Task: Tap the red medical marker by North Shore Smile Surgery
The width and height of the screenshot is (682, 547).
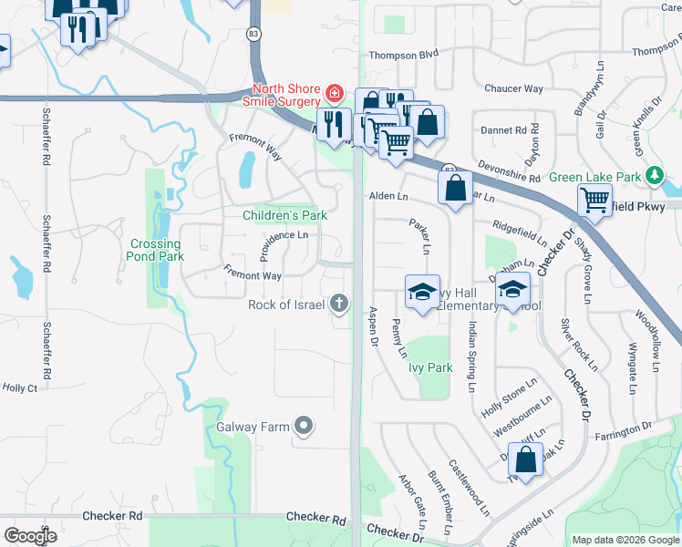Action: point(335,93)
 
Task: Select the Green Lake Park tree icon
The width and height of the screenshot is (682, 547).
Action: point(653,175)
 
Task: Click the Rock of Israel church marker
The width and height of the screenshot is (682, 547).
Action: point(339,304)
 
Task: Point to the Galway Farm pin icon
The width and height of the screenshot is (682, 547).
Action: point(304,426)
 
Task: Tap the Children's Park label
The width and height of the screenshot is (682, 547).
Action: point(284,216)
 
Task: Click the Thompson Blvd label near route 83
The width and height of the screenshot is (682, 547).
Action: point(403,55)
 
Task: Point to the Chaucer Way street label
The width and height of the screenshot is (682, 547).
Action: point(514,88)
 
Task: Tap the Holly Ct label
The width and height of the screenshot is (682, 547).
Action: point(19,387)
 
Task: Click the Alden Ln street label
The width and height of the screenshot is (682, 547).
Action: point(387,196)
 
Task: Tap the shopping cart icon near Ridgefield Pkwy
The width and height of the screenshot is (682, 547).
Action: point(594,198)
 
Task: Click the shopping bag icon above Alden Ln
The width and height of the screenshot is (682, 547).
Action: point(456,187)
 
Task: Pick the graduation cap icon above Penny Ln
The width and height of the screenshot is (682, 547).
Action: point(422,292)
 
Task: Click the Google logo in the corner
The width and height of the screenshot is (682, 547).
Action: point(30,536)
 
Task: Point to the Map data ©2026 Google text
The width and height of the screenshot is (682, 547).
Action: point(625,540)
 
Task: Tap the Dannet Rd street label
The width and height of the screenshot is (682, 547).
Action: point(503,130)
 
